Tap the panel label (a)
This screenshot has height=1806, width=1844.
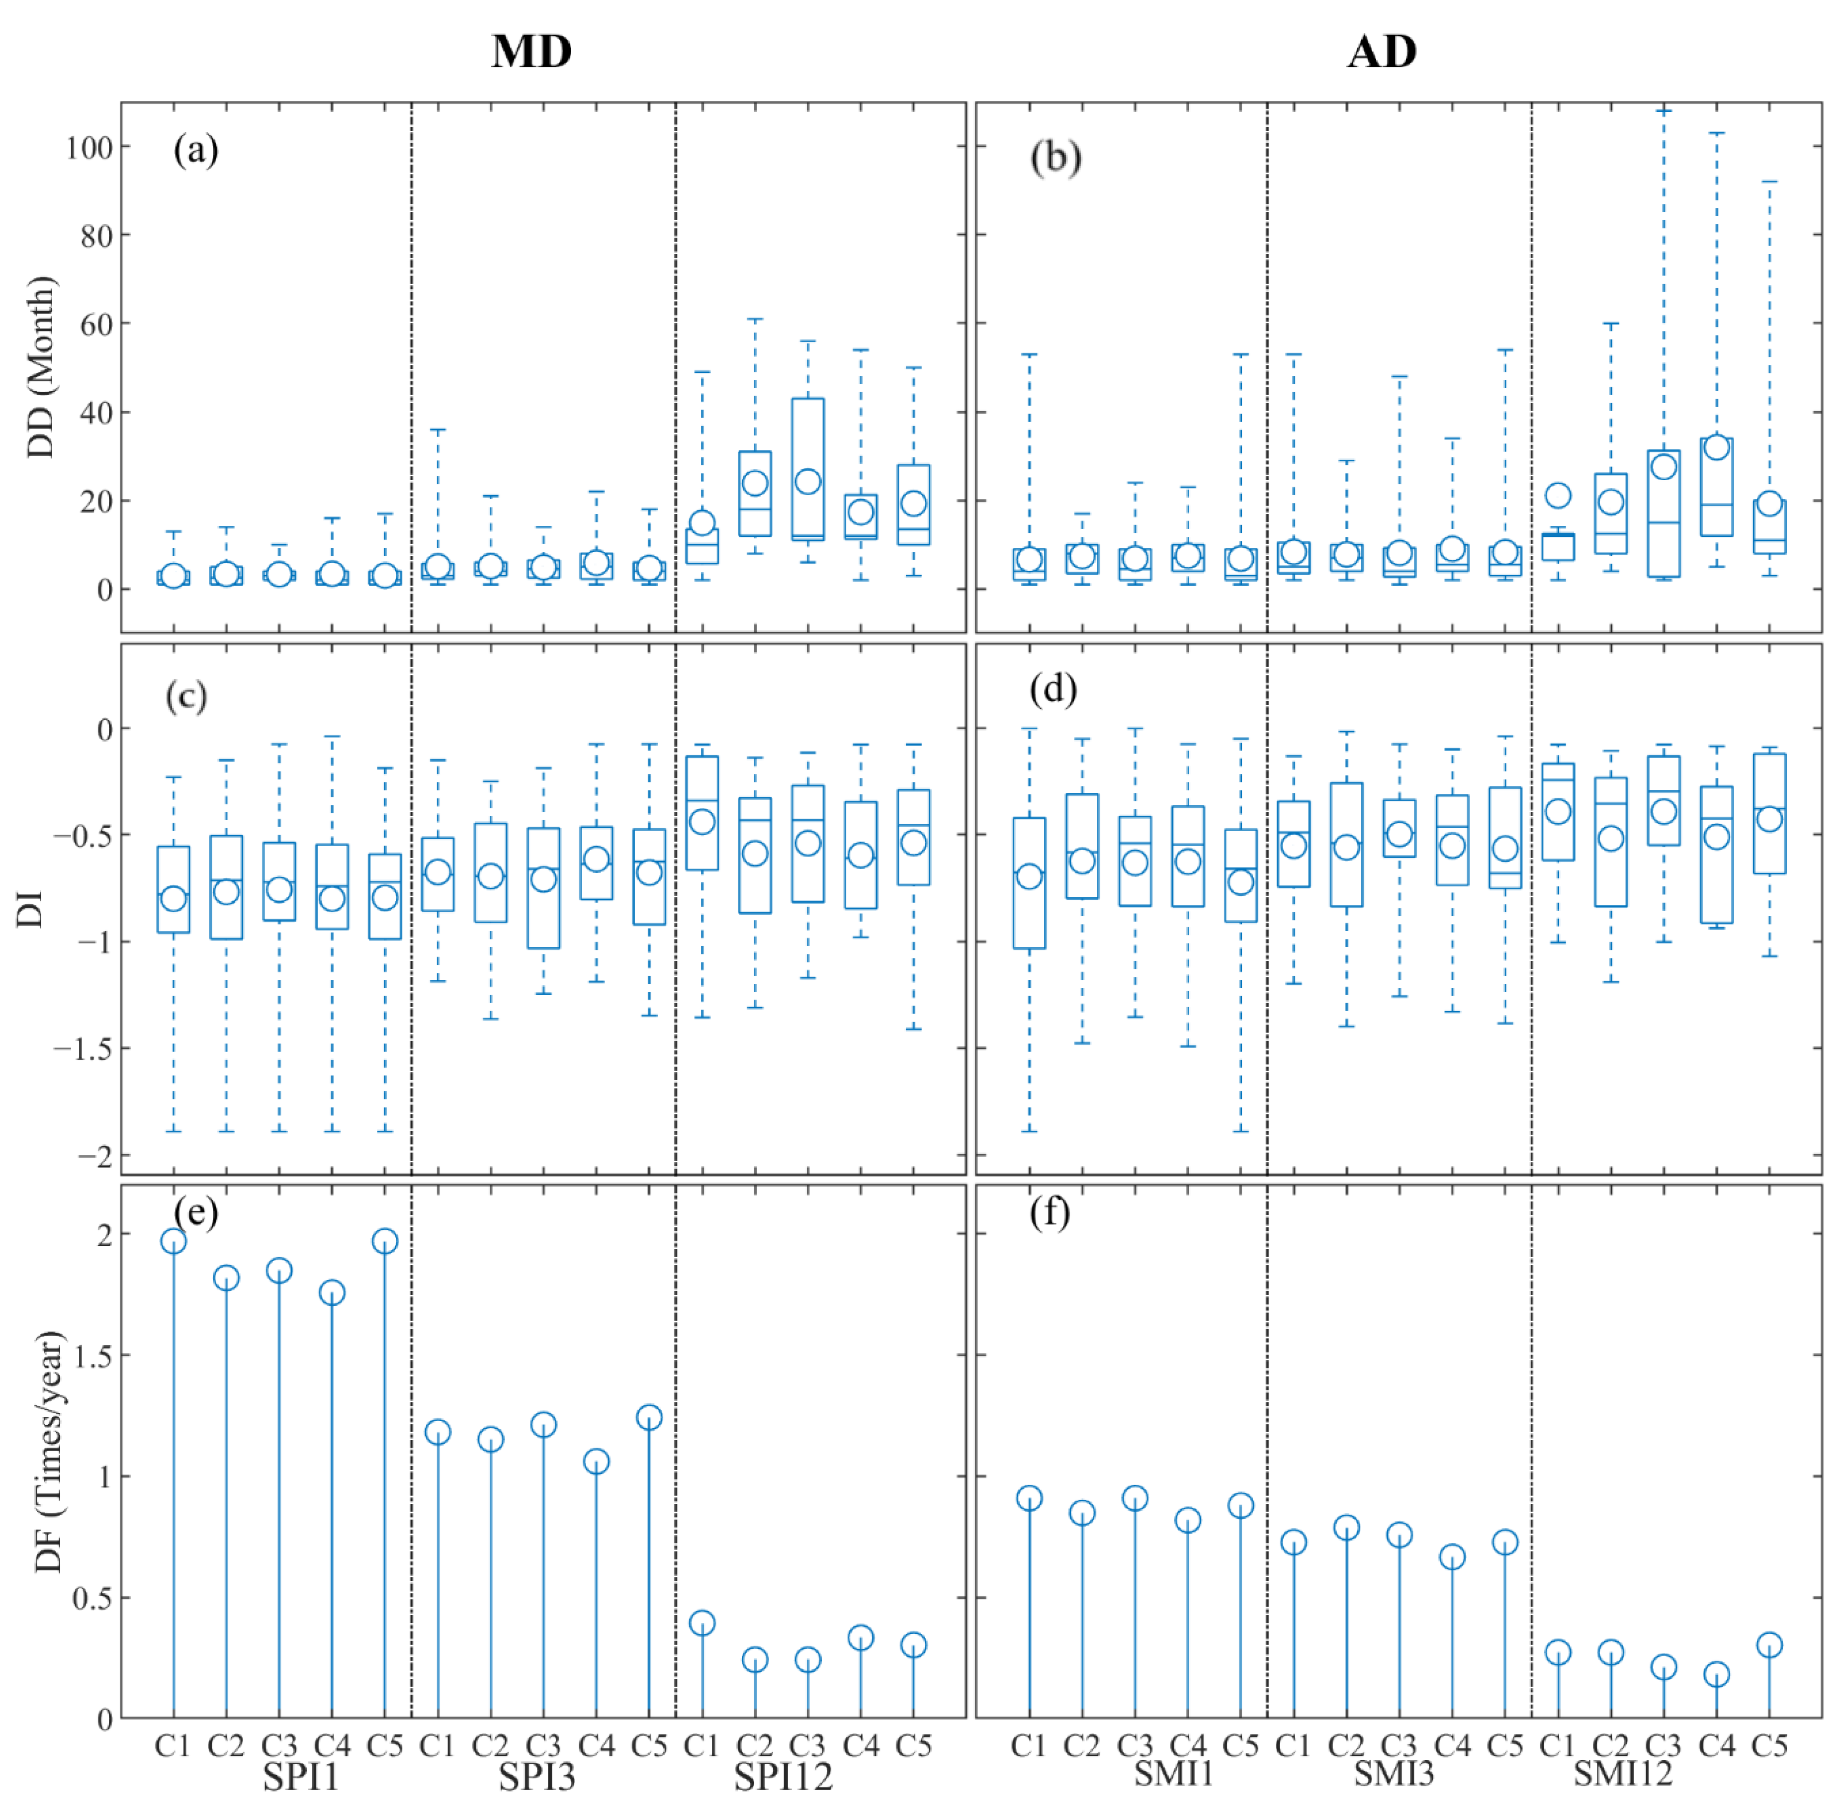coord(195,150)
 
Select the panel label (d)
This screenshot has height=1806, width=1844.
coord(1053,689)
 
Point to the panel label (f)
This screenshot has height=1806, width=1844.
coord(1049,1213)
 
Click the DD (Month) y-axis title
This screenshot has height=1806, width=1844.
coord(40,367)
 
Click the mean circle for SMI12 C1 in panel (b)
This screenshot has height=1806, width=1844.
coord(1558,495)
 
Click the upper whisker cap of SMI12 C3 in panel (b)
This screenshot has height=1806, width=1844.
coord(1664,111)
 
